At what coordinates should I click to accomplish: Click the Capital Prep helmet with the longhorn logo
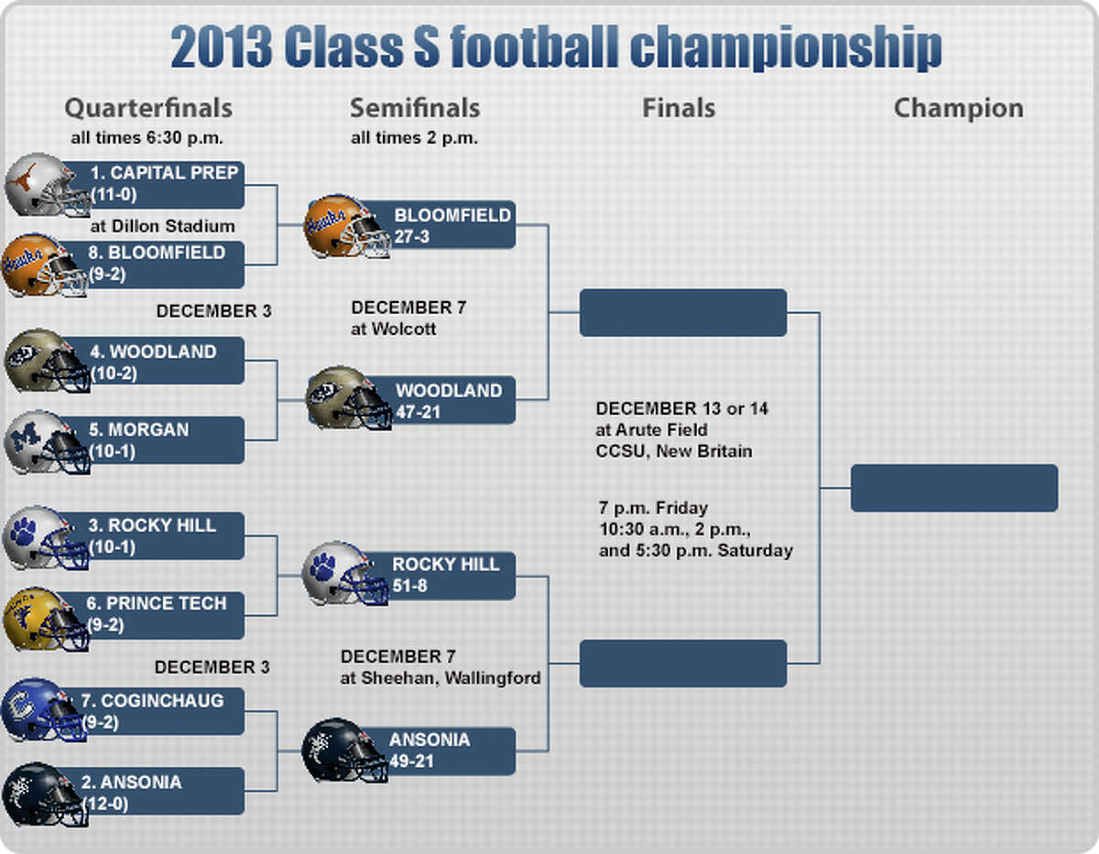48,186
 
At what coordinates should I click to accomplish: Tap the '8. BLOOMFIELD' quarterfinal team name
157,253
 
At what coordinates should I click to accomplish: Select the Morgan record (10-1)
113,451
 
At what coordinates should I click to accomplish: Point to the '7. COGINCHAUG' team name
152,701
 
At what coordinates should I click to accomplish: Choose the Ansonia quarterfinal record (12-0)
105,804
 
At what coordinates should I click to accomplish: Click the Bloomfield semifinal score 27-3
412,236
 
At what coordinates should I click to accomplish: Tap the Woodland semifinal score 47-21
419,412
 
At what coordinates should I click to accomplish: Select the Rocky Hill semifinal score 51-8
410,586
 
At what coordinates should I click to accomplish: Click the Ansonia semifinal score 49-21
412,762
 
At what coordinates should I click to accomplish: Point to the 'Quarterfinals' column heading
148,108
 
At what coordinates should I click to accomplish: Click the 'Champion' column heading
959,109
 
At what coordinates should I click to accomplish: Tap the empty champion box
954,488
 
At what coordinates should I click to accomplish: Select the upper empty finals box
683,313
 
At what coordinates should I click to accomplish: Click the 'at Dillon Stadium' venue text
163,226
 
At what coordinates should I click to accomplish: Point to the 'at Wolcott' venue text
394,330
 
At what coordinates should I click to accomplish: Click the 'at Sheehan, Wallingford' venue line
441,678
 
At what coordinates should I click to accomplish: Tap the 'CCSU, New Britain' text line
674,451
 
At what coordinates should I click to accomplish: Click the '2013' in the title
222,47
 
